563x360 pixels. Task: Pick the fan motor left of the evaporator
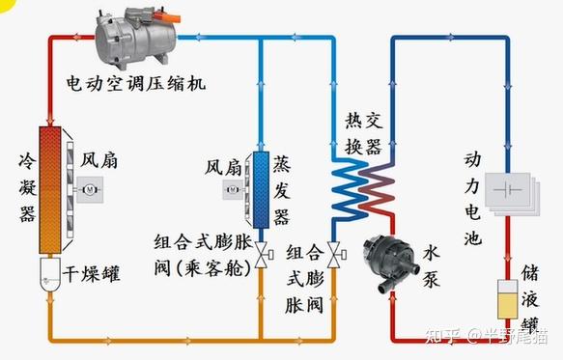(233, 191)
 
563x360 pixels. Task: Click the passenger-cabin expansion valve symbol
(262, 257)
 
